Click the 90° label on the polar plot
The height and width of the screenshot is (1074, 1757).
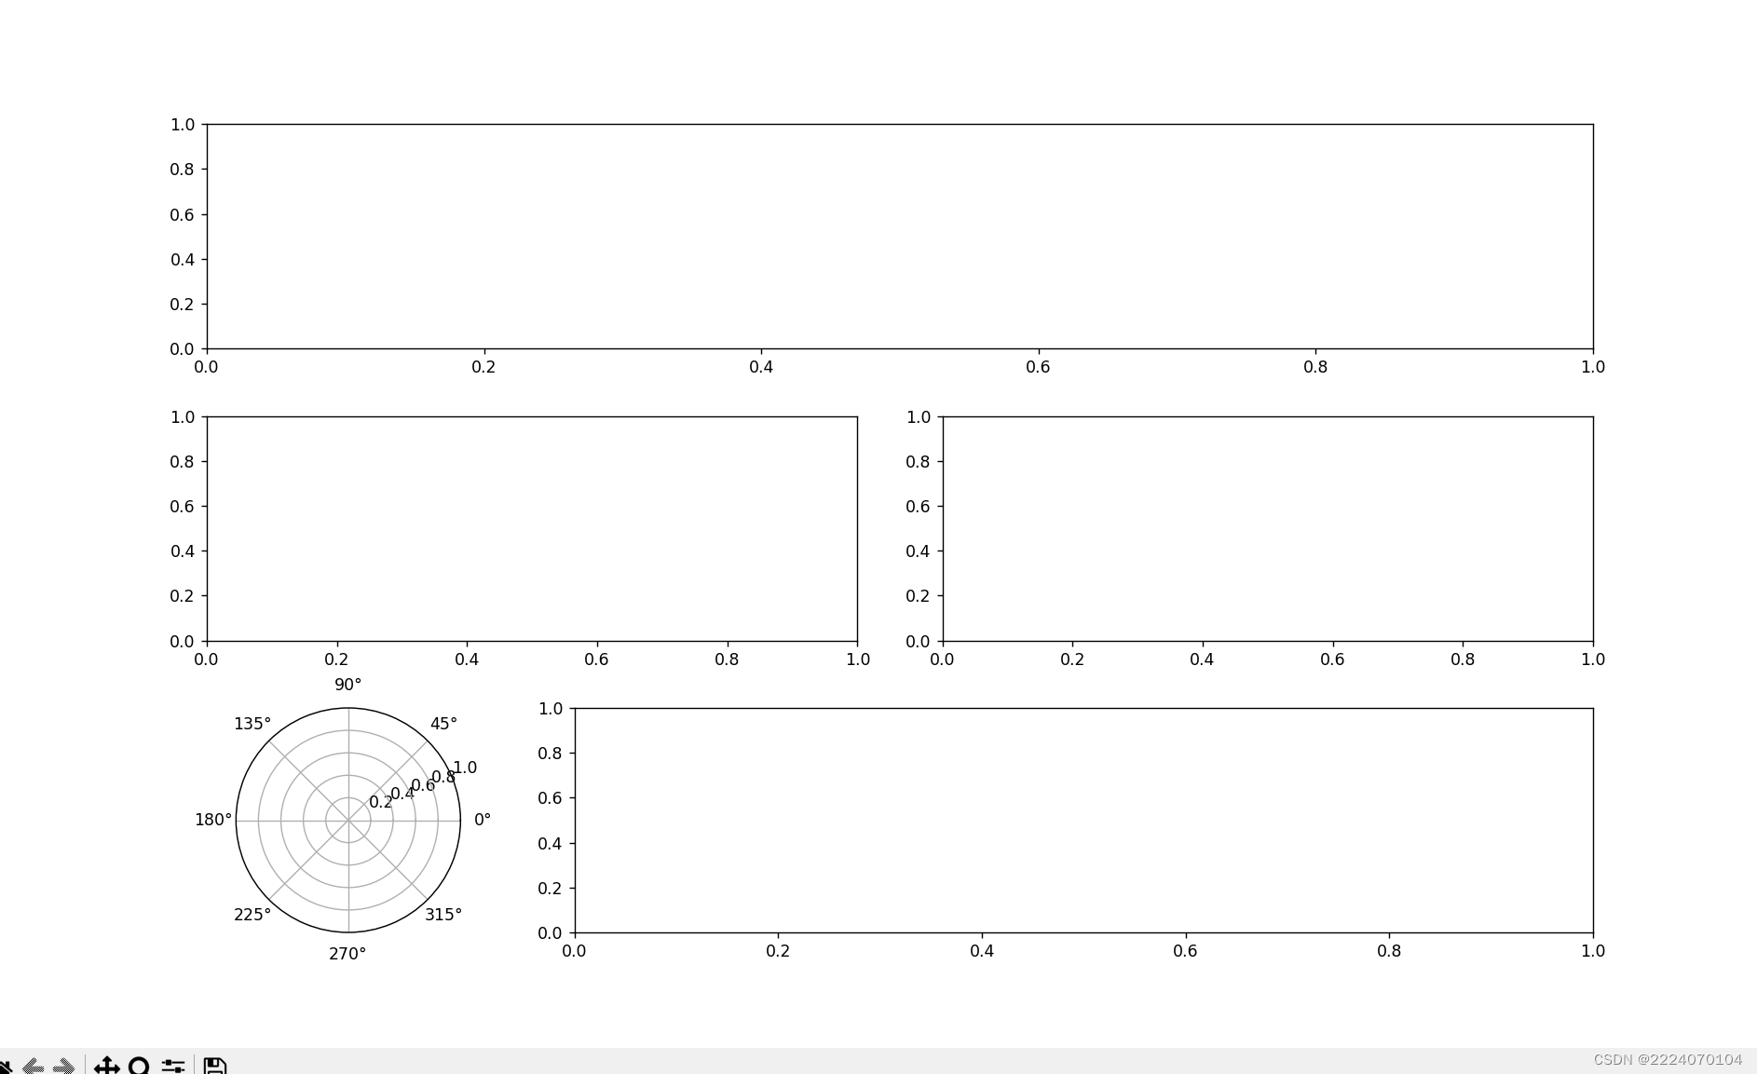click(347, 685)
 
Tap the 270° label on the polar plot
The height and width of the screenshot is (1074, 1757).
click(347, 954)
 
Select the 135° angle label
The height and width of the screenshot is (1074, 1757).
click(252, 724)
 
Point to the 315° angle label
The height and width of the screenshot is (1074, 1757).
click(443, 915)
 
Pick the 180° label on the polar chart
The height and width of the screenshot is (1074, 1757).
click(213, 820)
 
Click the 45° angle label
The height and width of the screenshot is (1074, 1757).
click(443, 724)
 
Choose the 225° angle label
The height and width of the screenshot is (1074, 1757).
click(252, 915)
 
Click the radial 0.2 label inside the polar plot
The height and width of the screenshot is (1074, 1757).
click(381, 802)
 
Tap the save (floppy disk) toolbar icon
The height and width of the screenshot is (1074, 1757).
click(215, 1066)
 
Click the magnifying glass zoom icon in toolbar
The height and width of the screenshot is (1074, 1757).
click(139, 1066)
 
